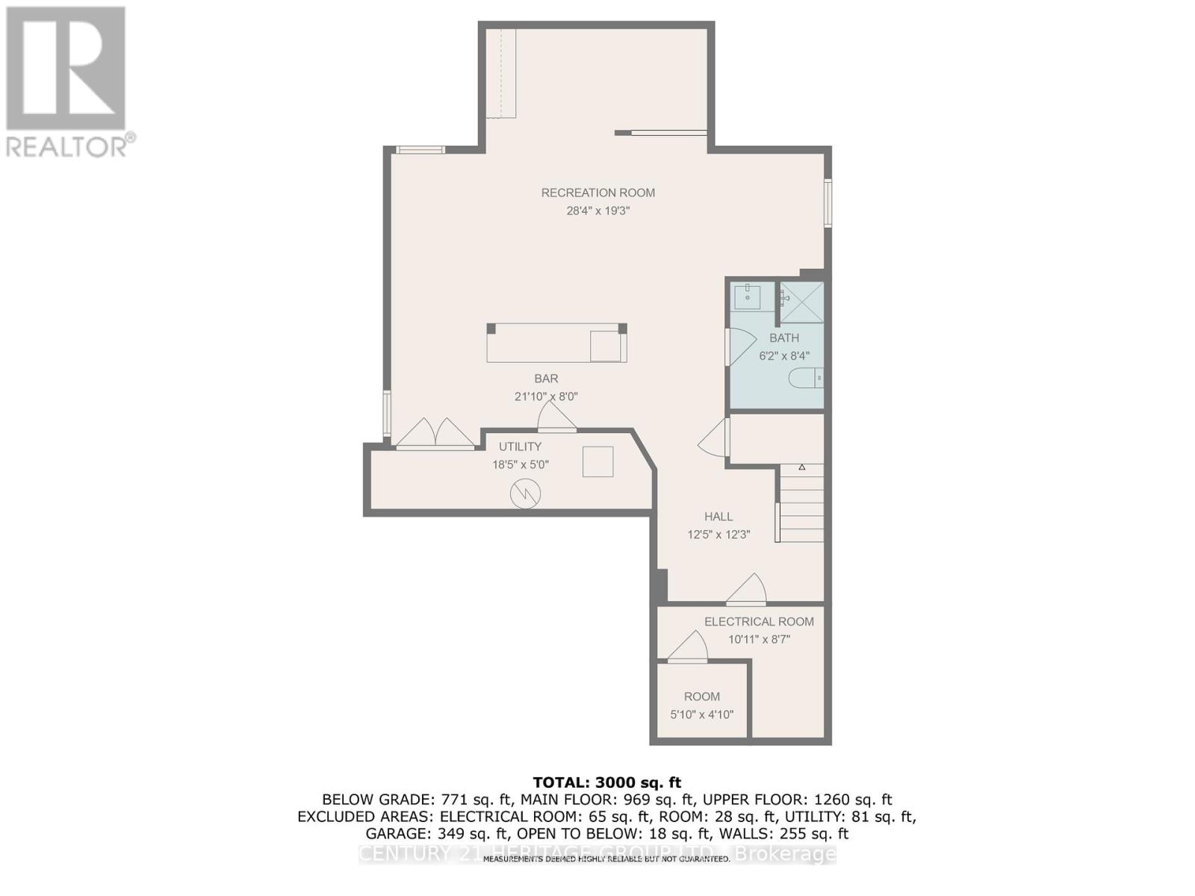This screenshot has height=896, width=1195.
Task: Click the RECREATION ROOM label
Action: (597, 193)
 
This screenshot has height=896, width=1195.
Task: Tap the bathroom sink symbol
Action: (747, 296)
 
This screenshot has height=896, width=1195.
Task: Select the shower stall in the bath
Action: (801, 302)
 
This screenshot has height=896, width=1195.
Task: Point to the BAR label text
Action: (546, 379)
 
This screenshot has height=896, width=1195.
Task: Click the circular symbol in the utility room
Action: (525, 494)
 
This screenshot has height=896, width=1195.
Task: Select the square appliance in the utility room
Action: (597, 461)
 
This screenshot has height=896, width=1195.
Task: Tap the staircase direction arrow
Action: (801, 467)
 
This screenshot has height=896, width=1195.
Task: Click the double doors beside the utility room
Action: (435, 435)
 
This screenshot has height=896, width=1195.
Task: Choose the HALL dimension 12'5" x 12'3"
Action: (718, 535)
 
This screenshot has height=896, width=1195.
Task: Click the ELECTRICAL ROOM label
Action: (759, 621)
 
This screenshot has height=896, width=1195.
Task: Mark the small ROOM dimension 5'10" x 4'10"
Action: (701, 715)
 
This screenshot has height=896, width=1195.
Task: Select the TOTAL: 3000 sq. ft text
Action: (606, 783)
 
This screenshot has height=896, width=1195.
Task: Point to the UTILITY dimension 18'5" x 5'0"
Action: (520, 464)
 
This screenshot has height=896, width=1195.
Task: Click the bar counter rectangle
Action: (556, 343)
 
